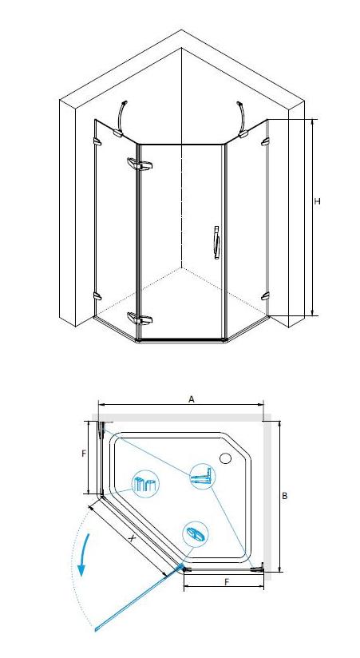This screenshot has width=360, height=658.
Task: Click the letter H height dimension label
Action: (x=317, y=201)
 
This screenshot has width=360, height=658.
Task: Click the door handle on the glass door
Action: (x=216, y=243)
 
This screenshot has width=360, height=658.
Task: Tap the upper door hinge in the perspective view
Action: (x=140, y=164)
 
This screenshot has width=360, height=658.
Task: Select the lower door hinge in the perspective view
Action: (x=140, y=319)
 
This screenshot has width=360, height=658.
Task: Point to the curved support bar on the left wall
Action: (x=120, y=118)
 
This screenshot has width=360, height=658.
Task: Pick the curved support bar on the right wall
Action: (x=243, y=119)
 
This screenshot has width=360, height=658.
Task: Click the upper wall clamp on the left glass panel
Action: (x=97, y=142)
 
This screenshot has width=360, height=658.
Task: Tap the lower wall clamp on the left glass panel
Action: (x=97, y=296)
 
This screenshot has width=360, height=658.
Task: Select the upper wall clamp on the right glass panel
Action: (x=265, y=142)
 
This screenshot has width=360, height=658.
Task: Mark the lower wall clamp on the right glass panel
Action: (x=265, y=296)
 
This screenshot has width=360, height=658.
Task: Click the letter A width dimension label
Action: (x=192, y=399)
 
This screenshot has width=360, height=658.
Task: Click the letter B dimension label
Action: (x=284, y=496)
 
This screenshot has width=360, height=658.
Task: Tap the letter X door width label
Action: (x=132, y=539)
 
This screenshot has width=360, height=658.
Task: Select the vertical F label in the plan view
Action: (x=84, y=454)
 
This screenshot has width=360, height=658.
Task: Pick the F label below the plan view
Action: (x=227, y=582)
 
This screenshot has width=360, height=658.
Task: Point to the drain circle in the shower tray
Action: (x=226, y=458)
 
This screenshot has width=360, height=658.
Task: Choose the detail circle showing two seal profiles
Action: (x=145, y=485)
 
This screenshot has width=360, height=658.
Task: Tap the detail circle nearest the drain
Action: (x=203, y=477)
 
